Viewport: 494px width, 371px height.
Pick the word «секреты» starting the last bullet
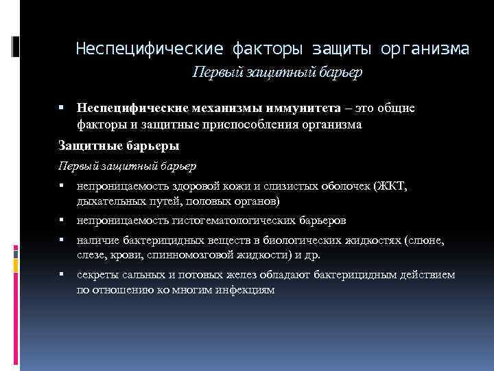click(x=97, y=275)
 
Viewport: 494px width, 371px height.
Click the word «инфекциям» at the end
click(x=246, y=289)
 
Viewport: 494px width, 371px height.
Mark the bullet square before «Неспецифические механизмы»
click(x=61, y=108)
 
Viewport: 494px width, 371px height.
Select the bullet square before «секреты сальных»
click(x=61, y=275)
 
